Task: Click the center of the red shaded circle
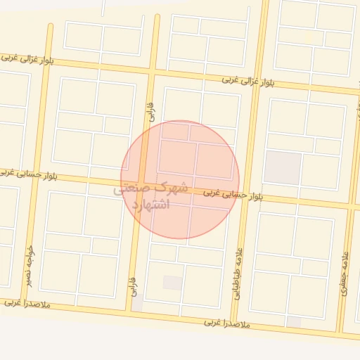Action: click(x=180, y=179)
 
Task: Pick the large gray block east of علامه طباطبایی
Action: click(x=282, y=167)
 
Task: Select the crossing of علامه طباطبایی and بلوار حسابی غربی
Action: click(x=247, y=195)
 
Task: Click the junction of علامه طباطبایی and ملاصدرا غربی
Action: click(x=235, y=321)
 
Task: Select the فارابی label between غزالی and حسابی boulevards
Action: click(x=151, y=109)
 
